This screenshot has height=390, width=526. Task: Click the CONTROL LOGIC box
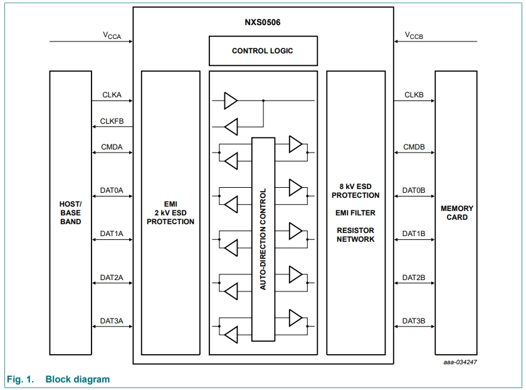tap(263, 51)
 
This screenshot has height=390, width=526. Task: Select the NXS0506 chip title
tap(263, 23)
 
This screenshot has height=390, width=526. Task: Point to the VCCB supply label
tap(414, 36)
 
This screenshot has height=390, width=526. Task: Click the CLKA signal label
tap(112, 95)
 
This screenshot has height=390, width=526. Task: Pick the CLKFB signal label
tap(112, 121)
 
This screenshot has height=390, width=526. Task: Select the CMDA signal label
tap(112, 148)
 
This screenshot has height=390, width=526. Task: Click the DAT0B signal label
tap(414, 190)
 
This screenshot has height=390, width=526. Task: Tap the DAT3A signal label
tap(112, 321)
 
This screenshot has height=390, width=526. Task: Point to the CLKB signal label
tap(414, 95)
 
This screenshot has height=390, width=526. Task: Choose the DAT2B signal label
tap(414, 277)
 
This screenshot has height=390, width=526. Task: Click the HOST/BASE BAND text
tap(71, 213)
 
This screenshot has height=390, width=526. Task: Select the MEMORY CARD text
tap(456, 213)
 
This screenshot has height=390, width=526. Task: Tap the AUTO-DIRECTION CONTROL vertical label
tap(263, 239)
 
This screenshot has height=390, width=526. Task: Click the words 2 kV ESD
tap(171, 213)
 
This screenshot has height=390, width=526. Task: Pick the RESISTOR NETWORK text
tap(355, 235)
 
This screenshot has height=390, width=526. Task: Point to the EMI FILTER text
tap(355, 213)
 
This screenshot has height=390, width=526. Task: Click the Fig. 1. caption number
tap(19, 379)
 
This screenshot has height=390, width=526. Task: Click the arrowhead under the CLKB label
tap(432, 100)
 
